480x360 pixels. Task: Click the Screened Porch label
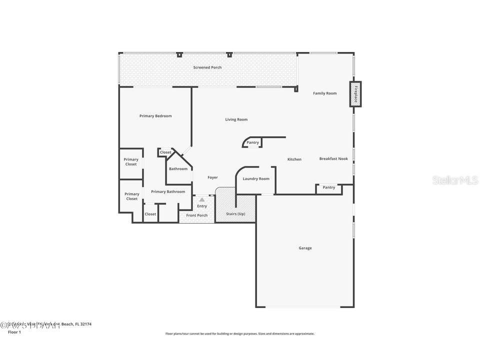[x=207, y=67]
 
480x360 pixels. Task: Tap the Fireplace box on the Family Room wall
[x=355, y=94]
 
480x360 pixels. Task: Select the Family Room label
[x=324, y=93]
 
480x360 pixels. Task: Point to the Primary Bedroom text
[x=155, y=116]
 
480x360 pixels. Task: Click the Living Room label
[x=236, y=119]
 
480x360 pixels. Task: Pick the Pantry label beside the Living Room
[x=253, y=142]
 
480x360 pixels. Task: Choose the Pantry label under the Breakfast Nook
[x=329, y=187]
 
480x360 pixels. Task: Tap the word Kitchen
[x=294, y=159]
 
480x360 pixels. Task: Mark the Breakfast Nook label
[x=333, y=159]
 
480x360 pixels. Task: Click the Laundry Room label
[x=256, y=179]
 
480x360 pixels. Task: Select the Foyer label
[x=212, y=177]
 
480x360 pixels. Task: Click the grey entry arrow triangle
[x=202, y=199]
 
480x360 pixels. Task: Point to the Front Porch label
[x=197, y=215]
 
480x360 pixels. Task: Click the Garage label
[x=305, y=248]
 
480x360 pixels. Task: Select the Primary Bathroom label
[x=168, y=191]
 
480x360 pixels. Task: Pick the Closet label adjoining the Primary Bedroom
[x=165, y=152]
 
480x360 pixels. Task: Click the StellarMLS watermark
[x=455, y=180]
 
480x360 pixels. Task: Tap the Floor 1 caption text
[x=14, y=332]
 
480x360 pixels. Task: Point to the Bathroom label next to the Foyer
[x=178, y=169]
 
